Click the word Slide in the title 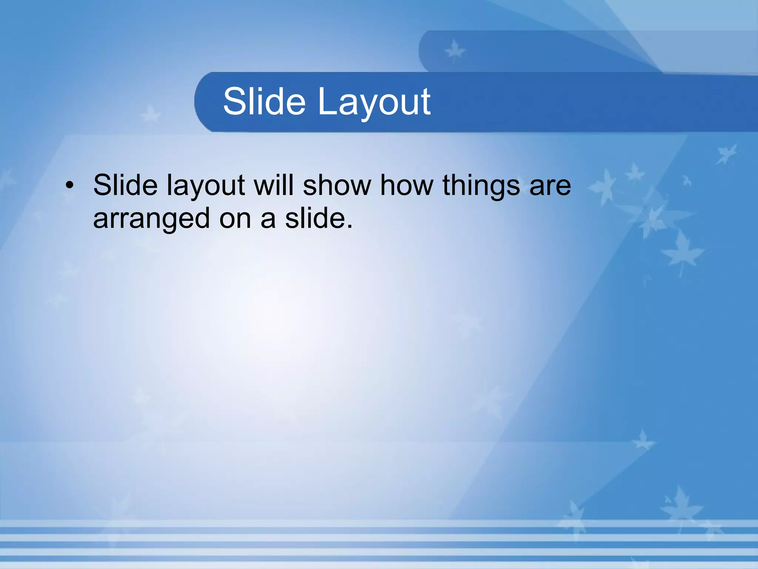[264, 101]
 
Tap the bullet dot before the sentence [69, 185]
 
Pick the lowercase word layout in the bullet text [206, 186]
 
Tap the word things [482, 186]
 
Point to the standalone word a [268, 220]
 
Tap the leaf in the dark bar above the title [455, 51]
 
